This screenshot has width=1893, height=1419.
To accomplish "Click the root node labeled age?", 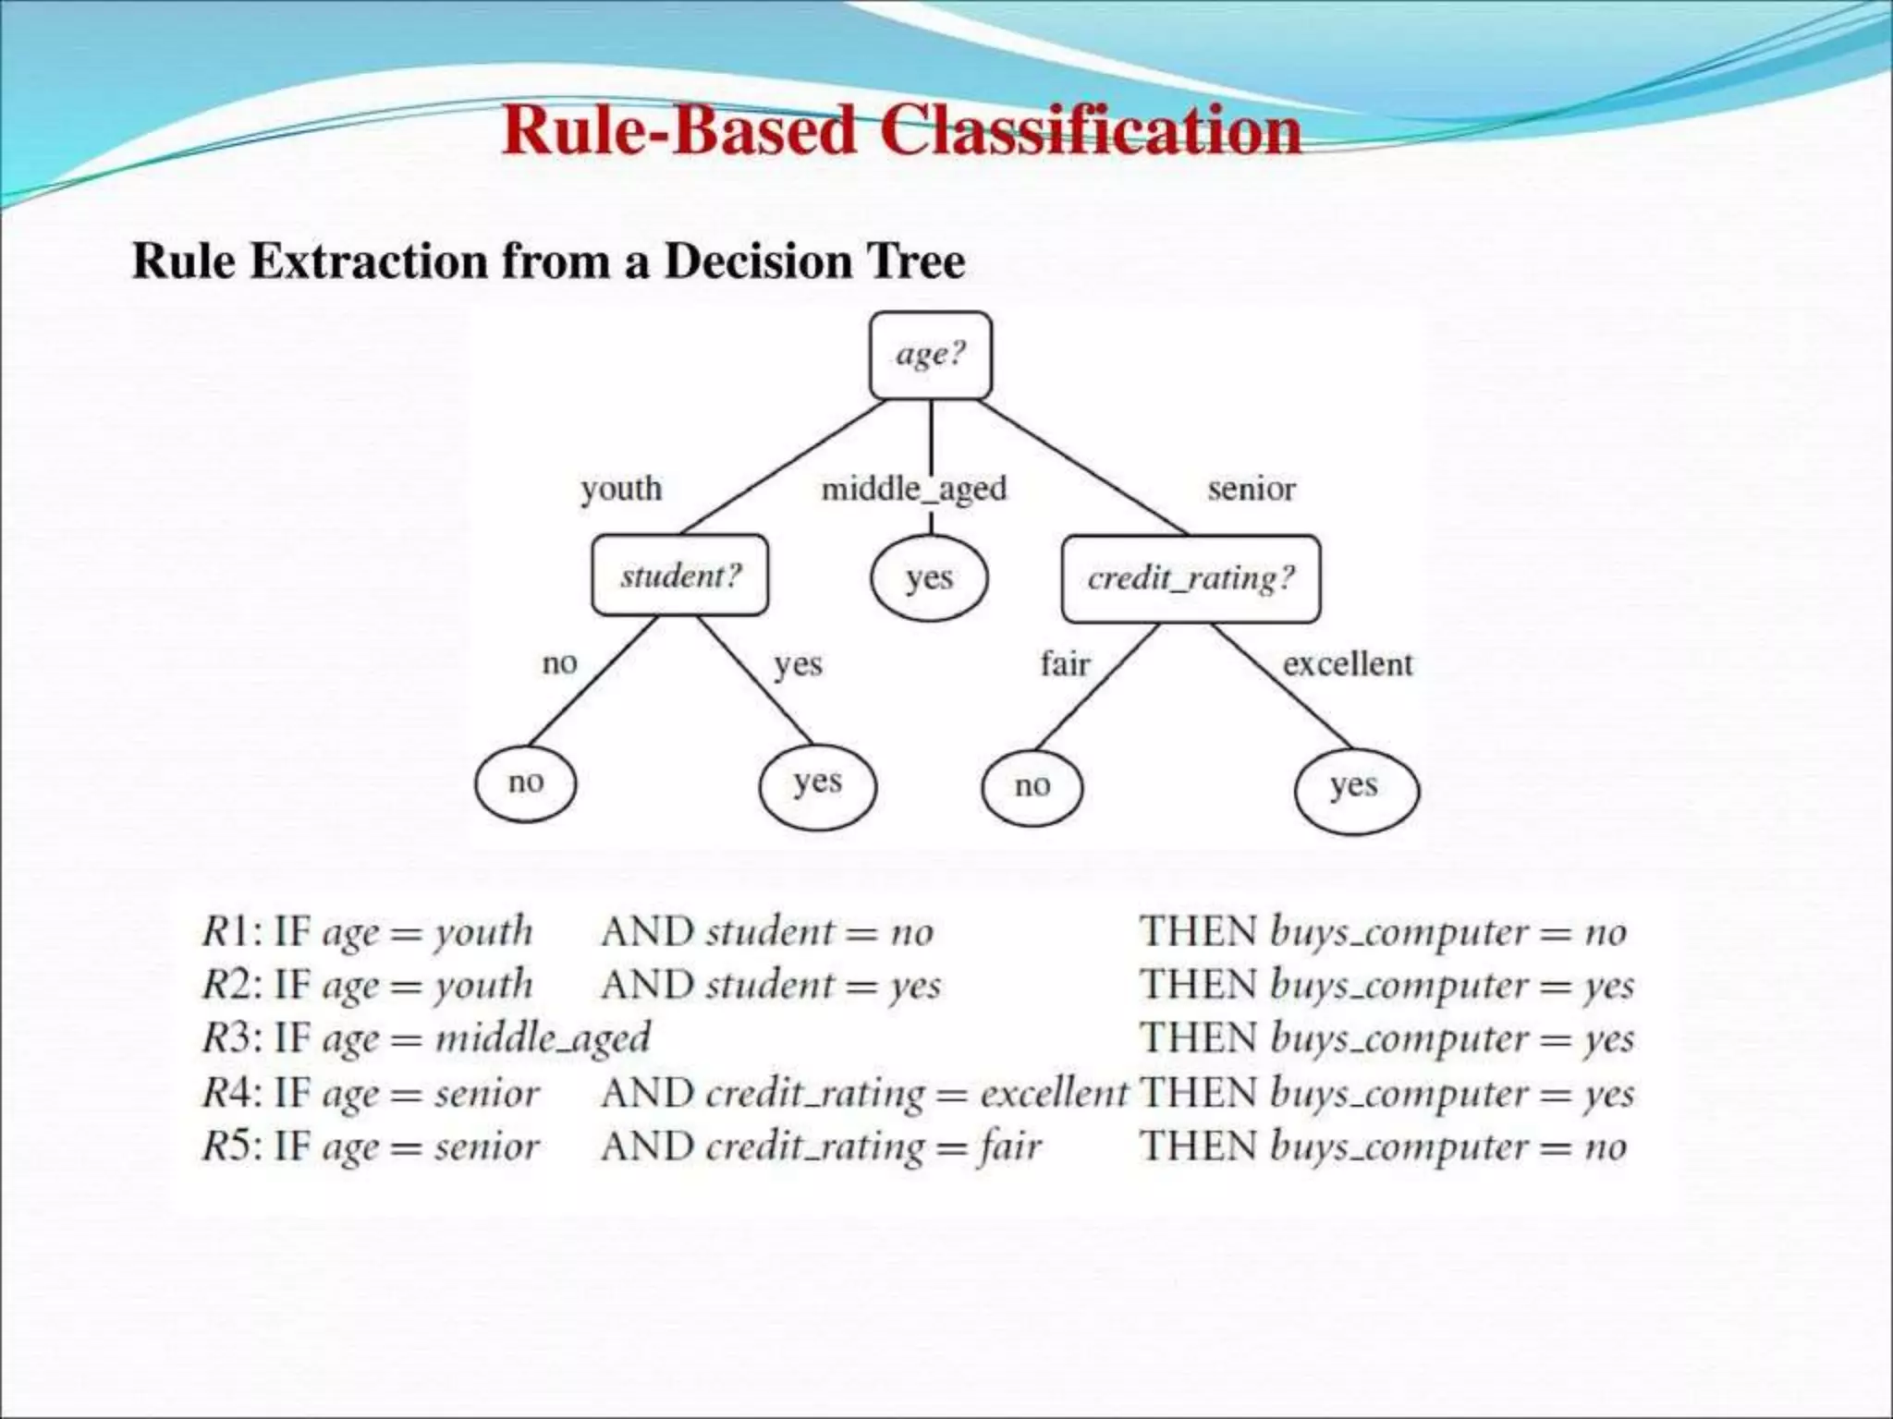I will [931, 355].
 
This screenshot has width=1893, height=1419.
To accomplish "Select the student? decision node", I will [680, 576].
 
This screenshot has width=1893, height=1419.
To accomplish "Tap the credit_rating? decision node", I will [1191, 578].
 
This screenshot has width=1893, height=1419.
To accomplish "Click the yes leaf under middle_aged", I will [929, 578].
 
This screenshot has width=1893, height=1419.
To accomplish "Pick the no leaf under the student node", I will [526, 783].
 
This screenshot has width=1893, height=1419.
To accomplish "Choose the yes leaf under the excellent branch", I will [1355, 786].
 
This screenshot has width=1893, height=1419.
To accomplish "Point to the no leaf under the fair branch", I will [1032, 786].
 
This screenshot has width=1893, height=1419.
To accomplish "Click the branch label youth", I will [621, 488].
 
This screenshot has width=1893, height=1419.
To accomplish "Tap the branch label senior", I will [1252, 488].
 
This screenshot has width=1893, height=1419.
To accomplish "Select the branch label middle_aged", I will [913, 488].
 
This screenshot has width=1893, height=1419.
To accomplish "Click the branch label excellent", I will [1348, 663].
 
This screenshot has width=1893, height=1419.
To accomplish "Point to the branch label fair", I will [1065, 663].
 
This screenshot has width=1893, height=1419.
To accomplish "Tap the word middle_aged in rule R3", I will [543, 1038].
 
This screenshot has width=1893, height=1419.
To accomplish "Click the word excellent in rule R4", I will [1054, 1093].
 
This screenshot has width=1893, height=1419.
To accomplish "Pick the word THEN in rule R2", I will [1198, 985].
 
